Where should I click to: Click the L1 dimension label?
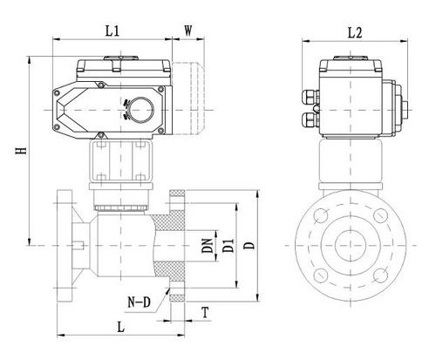point(112,31)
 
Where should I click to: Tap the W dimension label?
point(188,31)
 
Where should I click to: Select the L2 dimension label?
point(355,33)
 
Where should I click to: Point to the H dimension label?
point(21,151)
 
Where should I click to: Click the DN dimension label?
point(208,246)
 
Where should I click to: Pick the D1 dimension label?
point(228,246)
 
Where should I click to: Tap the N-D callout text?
point(140,302)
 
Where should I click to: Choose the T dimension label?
point(206,313)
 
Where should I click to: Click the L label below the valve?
point(120,327)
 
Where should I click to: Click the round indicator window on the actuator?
point(141,110)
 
